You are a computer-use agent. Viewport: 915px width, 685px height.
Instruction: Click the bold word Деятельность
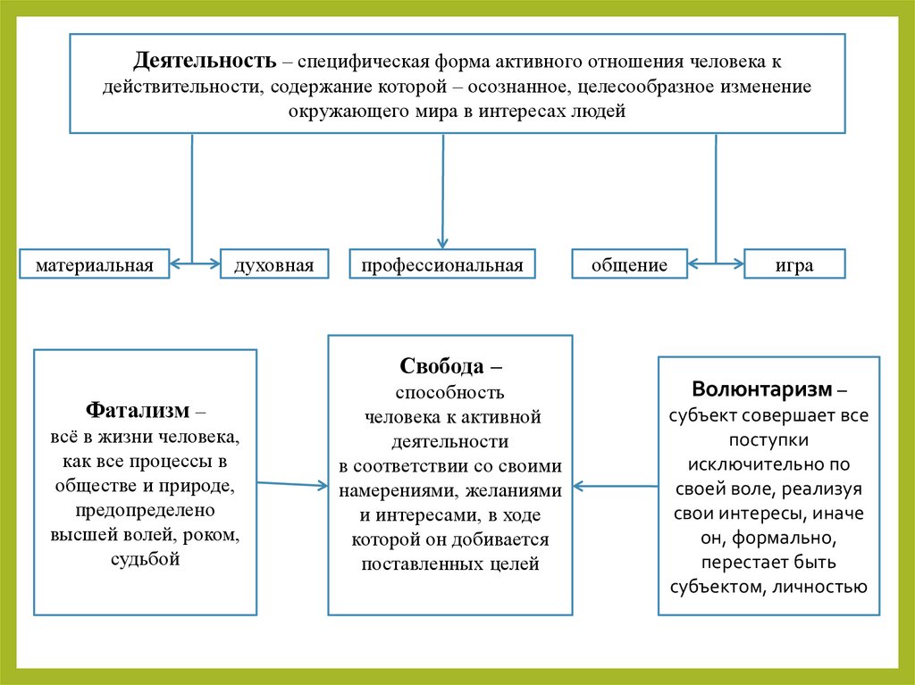click(204, 63)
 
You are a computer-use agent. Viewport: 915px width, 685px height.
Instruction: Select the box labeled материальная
click(95, 264)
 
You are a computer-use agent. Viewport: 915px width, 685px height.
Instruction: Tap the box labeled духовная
click(273, 264)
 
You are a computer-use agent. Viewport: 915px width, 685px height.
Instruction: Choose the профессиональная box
click(442, 264)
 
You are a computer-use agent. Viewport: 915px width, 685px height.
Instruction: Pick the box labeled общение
click(629, 264)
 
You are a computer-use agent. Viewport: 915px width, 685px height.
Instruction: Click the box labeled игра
click(794, 264)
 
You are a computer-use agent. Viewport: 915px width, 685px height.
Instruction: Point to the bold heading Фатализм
click(139, 411)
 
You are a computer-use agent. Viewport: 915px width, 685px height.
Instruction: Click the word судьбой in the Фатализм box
click(146, 560)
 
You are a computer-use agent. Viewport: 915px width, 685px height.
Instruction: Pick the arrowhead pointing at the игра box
click(739, 264)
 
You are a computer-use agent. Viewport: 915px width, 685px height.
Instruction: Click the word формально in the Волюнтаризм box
click(792, 539)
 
